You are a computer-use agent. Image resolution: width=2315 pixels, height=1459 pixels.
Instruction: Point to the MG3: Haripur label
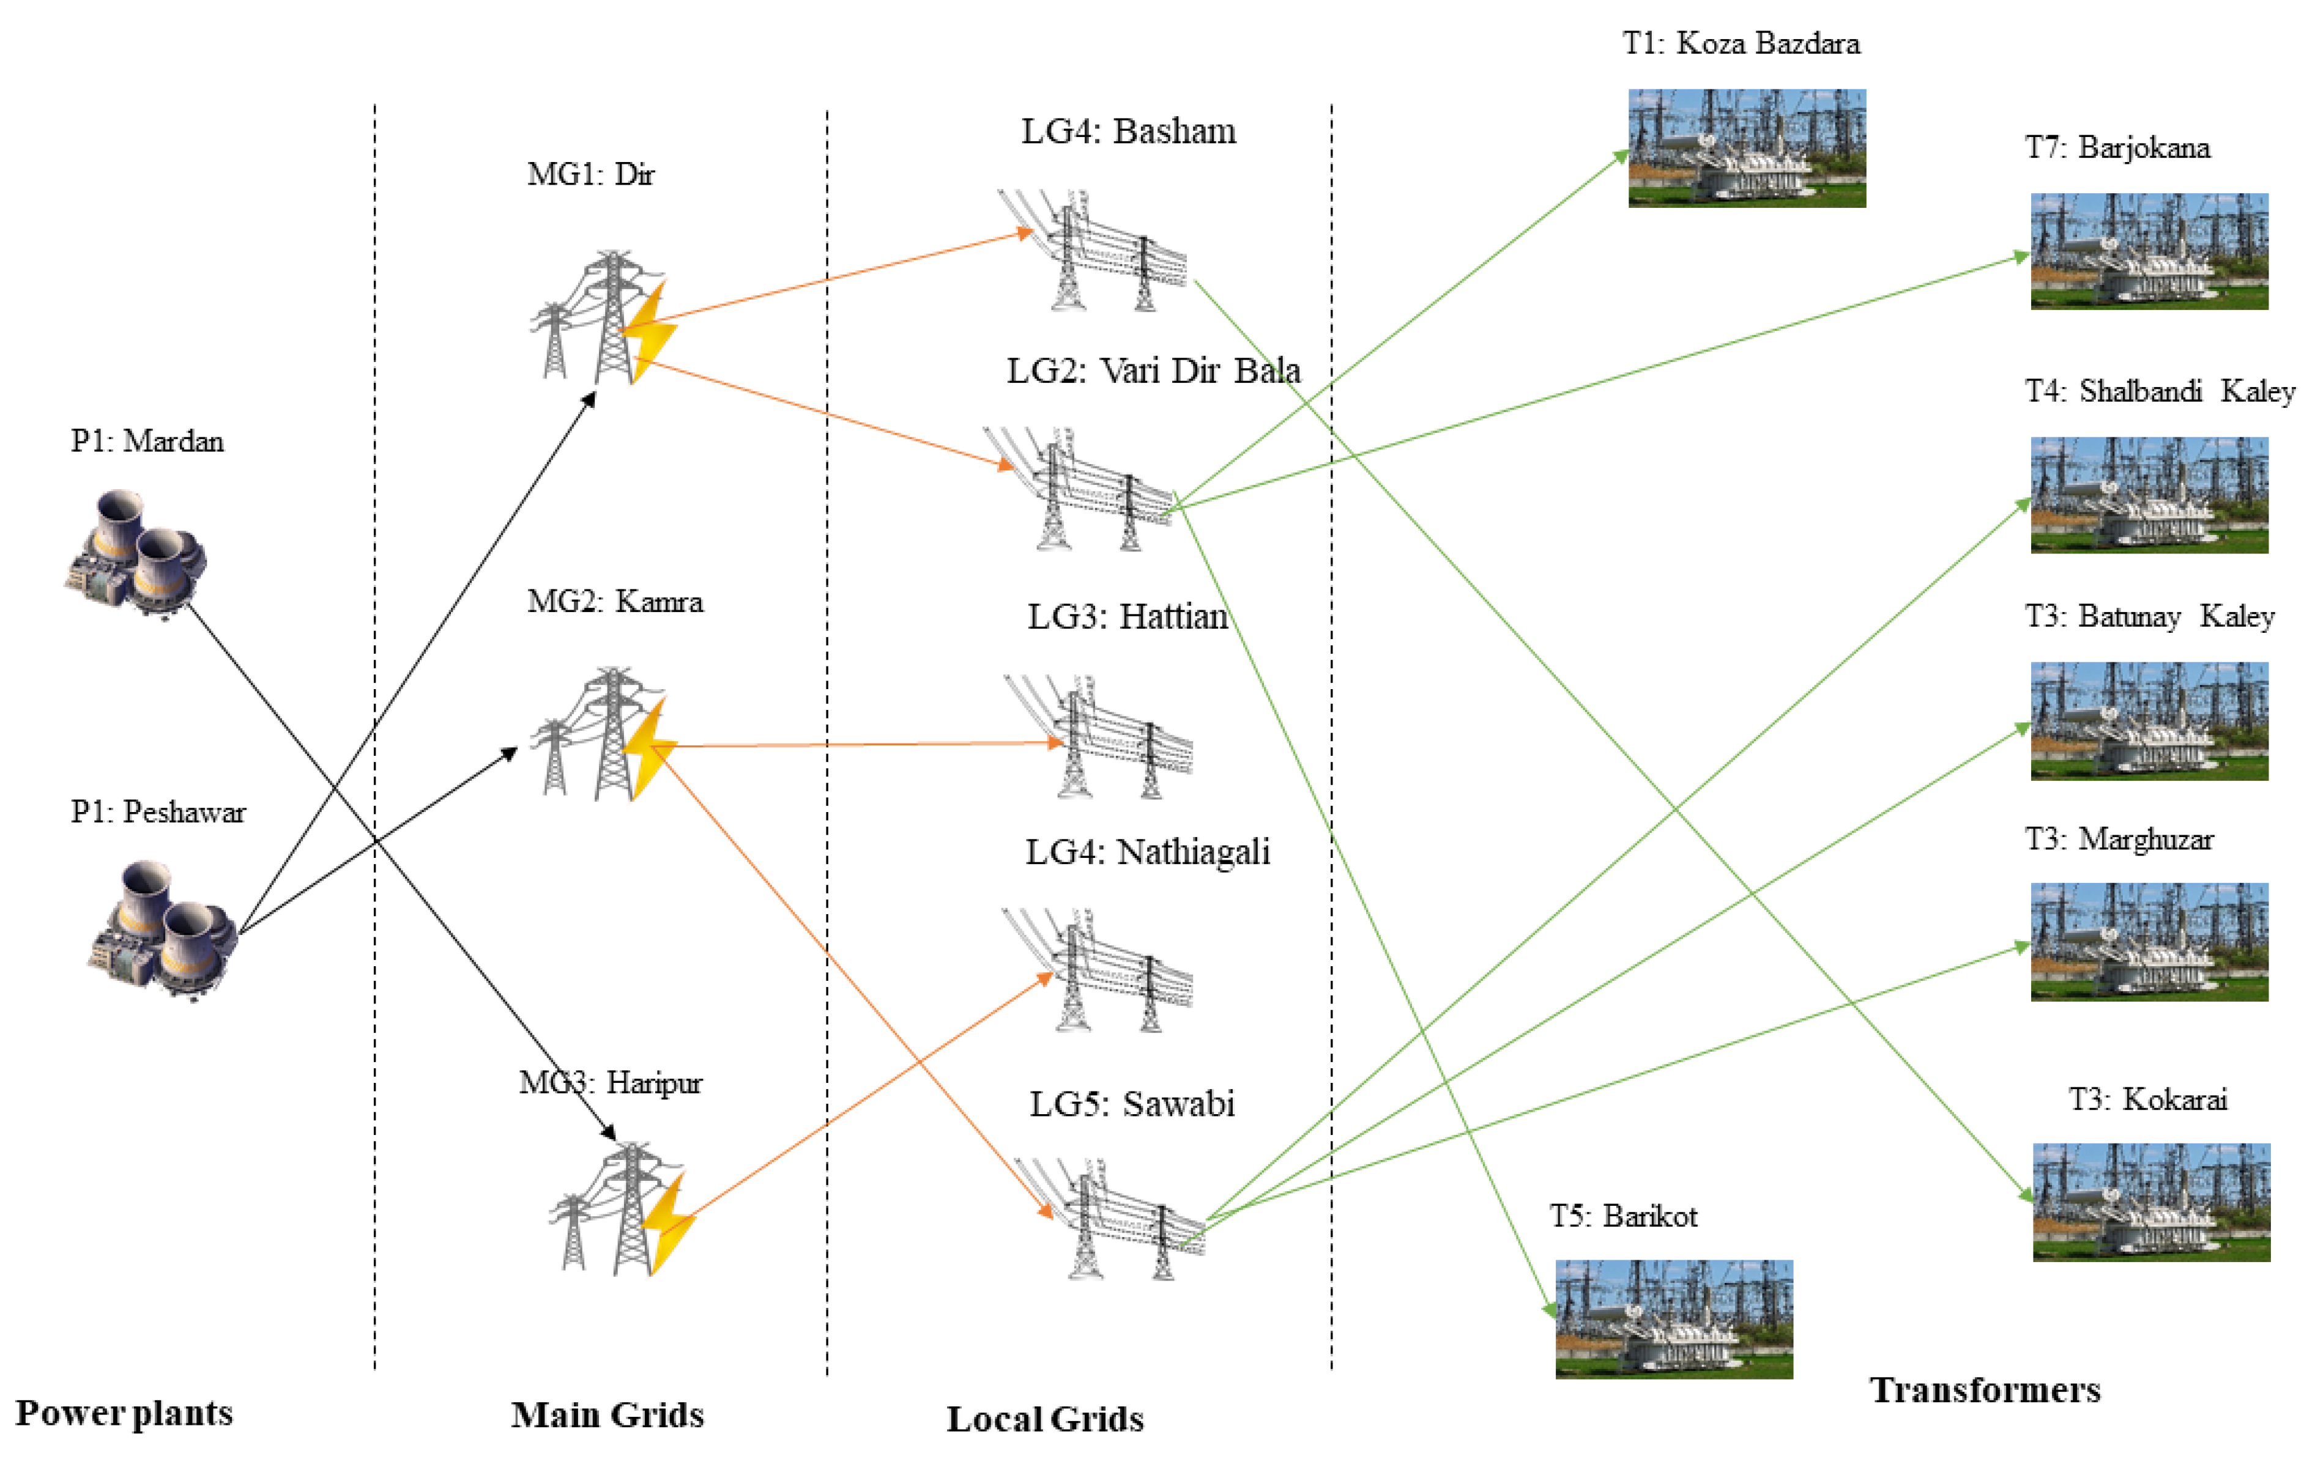point(611,1083)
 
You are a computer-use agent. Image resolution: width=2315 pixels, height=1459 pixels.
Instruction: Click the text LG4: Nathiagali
point(1147,852)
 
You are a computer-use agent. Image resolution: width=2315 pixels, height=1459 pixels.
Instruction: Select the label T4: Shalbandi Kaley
point(2159,391)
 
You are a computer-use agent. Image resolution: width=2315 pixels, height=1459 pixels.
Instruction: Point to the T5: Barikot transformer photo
point(1674,1319)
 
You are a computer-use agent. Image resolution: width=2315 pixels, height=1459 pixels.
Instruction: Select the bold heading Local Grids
point(1045,1419)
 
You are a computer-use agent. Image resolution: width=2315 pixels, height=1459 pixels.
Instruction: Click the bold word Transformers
point(1984,1390)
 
